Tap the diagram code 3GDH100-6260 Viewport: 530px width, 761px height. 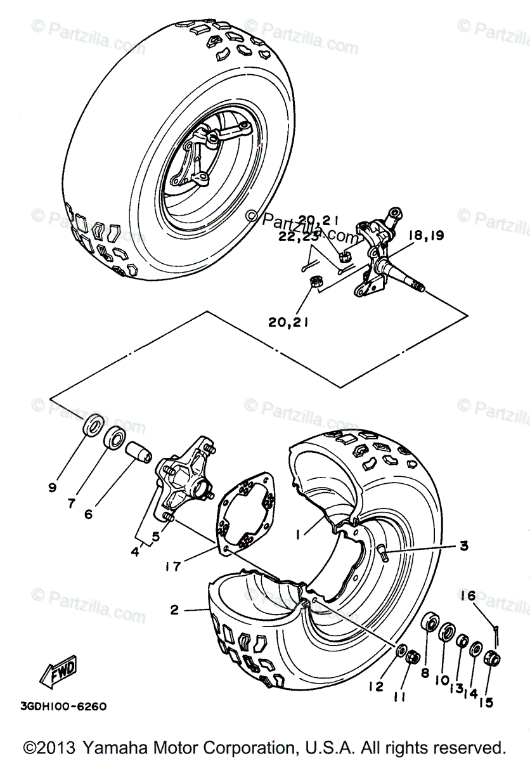pos(63,706)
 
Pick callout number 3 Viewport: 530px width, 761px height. pos(465,545)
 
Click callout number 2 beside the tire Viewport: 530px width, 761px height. pos(174,611)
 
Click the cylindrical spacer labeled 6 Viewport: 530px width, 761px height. pos(139,453)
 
